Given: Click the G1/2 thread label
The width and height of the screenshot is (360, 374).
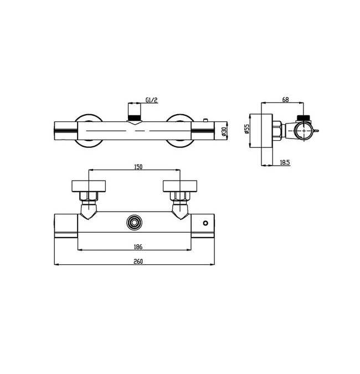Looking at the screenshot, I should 151,100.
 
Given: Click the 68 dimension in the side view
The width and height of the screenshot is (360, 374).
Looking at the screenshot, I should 285,100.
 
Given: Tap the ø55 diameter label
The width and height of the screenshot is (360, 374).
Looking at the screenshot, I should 248,131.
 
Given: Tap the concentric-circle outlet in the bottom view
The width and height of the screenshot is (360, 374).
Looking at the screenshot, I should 133,222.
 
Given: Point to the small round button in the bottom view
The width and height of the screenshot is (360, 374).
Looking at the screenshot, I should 206,223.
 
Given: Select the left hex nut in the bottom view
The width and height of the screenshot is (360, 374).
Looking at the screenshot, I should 88,196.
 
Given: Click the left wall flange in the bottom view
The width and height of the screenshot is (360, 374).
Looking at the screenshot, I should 88,185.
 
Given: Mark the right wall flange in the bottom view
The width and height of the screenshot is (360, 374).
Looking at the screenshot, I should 179,185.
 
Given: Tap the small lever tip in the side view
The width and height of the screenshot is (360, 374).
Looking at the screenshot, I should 319,131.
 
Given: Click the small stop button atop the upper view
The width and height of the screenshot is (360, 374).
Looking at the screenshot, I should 205,119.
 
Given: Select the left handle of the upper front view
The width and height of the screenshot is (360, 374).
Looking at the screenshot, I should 65,130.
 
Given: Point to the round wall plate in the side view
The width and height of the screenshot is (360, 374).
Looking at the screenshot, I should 265,131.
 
